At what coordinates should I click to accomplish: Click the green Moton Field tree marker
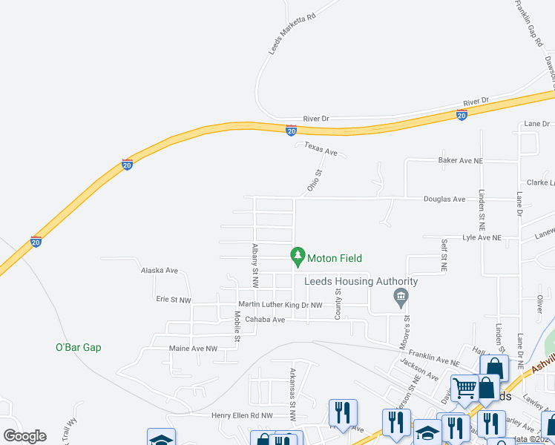(298, 257)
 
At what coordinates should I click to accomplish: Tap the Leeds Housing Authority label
(361, 281)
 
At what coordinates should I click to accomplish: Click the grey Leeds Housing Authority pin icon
(401, 298)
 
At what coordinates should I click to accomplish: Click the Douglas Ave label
(444, 199)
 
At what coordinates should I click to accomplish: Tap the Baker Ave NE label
(460, 160)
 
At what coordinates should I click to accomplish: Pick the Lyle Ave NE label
(482, 237)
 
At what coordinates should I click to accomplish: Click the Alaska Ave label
(160, 271)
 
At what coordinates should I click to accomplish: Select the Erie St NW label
(174, 300)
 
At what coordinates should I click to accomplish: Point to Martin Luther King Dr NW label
(280, 305)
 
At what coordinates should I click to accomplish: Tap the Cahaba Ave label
(266, 320)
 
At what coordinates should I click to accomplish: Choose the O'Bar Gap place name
(79, 347)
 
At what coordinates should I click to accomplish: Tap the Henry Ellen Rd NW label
(242, 416)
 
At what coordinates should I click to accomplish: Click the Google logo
(24, 436)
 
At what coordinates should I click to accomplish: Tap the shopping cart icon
(464, 387)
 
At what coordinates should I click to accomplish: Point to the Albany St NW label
(254, 265)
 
